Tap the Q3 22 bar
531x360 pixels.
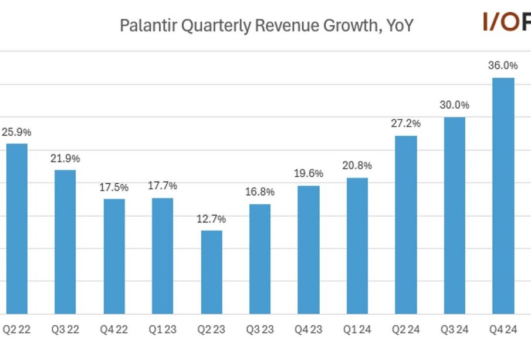(65, 241)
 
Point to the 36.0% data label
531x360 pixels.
(503, 65)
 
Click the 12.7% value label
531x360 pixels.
(211, 219)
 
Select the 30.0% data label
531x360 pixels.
(455, 105)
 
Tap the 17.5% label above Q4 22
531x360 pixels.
(114, 187)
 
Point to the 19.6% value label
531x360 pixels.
(308, 173)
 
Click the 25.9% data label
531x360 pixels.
(16, 132)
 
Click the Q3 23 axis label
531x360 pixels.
(260, 329)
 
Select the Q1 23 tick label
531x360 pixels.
(163, 329)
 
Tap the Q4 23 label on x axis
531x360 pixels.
(308, 329)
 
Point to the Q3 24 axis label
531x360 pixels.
(455, 329)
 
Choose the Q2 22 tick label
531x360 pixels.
(16, 329)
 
